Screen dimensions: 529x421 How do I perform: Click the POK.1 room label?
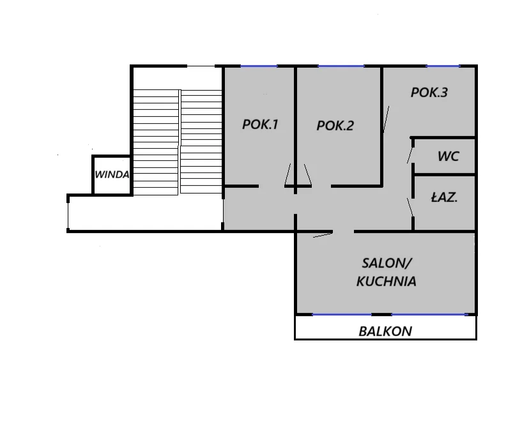coord(260,125)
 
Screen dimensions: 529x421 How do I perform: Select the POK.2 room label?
coord(335,126)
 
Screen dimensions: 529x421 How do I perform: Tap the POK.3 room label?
coord(429,93)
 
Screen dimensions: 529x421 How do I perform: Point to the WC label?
coord(448,156)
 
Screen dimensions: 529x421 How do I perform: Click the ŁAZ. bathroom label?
coord(444,197)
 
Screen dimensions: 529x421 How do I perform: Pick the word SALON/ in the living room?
coord(387,263)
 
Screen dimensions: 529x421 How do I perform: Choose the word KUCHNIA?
coord(387,281)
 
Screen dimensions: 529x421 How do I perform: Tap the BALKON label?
coord(385,332)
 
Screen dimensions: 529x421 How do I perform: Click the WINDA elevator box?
coord(112,175)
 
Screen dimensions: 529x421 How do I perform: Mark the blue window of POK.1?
coord(259,66)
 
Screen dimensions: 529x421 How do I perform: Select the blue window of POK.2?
coord(341,66)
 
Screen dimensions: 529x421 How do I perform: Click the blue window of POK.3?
coord(443,66)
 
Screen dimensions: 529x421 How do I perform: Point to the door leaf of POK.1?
coord(287,175)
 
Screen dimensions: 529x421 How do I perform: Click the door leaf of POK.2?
coord(308,175)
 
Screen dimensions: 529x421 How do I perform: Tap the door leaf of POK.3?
coord(387,119)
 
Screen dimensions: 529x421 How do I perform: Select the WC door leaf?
coord(410,155)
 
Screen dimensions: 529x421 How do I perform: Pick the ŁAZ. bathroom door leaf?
coord(410,207)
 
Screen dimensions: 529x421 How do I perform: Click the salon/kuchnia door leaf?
coord(323,235)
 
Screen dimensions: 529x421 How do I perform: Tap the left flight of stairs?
coord(156,142)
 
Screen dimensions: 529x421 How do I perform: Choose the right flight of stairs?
coord(201,142)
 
